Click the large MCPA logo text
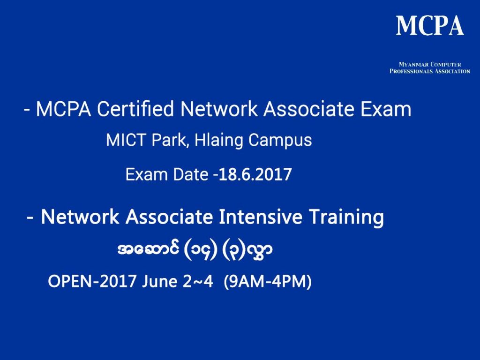(430, 25)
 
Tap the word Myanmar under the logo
(412, 64)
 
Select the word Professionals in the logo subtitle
(412, 71)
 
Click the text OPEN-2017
(92, 282)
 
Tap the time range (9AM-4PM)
(268, 282)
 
